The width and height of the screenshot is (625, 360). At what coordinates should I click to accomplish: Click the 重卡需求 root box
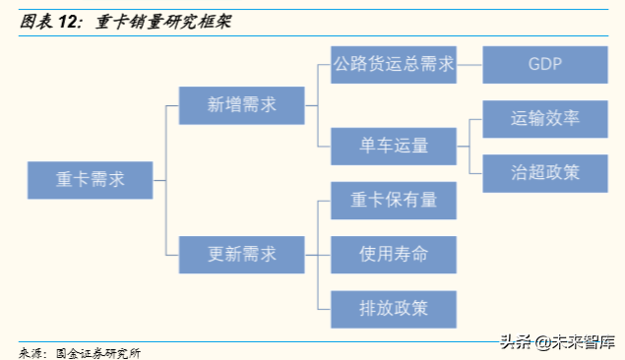pyautogui.click(x=90, y=181)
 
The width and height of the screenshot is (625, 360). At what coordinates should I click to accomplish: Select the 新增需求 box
pyautogui.click(x=241, y=102)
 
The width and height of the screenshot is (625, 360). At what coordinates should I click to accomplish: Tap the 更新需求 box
pyautogui.click(x=241, y=254)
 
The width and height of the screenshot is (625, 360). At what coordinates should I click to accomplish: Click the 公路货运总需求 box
pyautogui.click(x=394, y=64)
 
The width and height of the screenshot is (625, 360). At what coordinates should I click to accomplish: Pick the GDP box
pyautogui.click(x=544, y=64)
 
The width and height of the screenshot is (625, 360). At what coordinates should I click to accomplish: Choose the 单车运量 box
pyautogui.click(x=394, y=147)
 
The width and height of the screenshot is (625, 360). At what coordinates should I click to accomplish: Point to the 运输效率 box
pyautogui.click(x=544, y=118)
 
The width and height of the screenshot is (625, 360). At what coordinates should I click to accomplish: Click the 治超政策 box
pyautogui.click(x=544, y=172)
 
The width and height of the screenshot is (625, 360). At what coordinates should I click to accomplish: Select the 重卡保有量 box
pyautogui.click(x=394, y=201)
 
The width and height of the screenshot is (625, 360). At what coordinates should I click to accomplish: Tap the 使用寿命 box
pyautogui.click(x=394, y=254)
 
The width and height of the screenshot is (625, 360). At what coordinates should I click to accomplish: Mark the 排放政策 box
pyautogui.click(x=394, y=308)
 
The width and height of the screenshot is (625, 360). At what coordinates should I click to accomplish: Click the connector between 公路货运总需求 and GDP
pyautogui.click(x=469, y=64)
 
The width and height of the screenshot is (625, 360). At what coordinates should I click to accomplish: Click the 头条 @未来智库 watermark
pyautogui.click(x=555, y=341)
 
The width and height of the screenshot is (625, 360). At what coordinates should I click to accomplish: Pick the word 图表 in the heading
pyautogui.click(x=36, y=21)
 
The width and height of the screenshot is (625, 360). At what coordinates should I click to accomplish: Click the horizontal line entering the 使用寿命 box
pyautogui.click(x=324, y=254)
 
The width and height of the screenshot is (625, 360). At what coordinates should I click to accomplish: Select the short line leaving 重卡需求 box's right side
pyautogui.click(x=159, y=181)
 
